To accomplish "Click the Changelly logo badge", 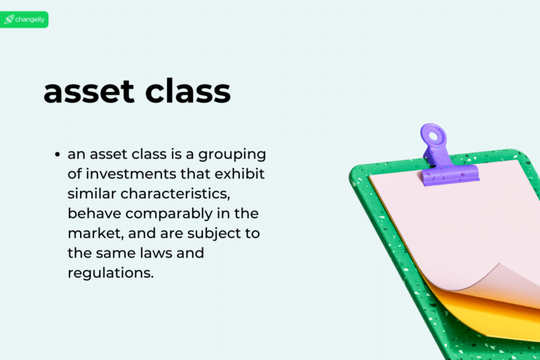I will pyautogui.click(x=25, y=20).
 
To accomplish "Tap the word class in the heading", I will pyautogui.click(x=188, y=93).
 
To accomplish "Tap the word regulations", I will pyautogui.click(x=110, y=272).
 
